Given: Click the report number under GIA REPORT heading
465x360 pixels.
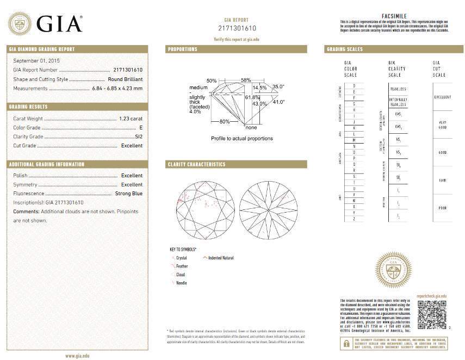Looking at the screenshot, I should point(237,28).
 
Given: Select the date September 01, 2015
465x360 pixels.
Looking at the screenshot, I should point(36,60).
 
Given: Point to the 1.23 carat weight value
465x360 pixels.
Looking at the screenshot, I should point(131,118).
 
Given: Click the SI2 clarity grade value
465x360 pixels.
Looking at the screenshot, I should point(138,136).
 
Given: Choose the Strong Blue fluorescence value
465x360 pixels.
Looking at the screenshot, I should point(129,194).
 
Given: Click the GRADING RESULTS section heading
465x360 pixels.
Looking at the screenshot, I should point(28,107).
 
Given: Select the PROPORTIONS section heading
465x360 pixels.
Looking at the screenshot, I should point(183,49).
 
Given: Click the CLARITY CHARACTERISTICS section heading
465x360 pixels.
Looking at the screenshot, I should point(196,164).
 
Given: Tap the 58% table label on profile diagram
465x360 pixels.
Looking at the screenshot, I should point(246,80).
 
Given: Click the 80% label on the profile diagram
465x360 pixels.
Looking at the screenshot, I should point(224,121).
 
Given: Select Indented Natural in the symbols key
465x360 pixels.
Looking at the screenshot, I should point(221,258).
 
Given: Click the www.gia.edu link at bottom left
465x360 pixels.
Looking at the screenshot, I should point(77,356).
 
